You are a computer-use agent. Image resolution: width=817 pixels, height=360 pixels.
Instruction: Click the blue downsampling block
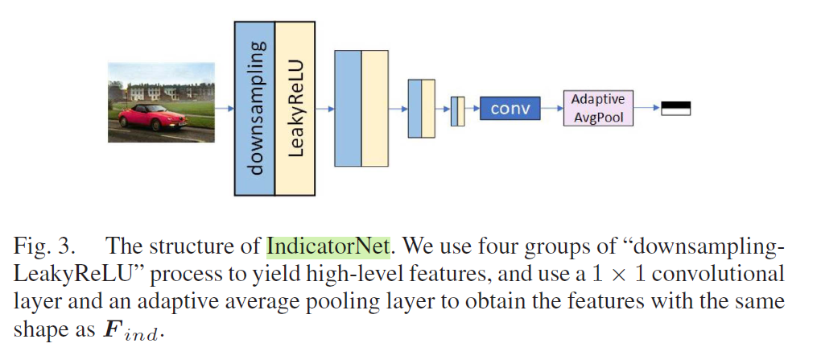click(254, 108)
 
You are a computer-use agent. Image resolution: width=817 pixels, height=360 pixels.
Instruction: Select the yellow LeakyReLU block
click(295, 108)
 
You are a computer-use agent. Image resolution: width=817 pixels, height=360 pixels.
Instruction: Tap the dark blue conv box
click(510, 108)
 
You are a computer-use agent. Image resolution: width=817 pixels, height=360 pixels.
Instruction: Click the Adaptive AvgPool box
click(598, 108)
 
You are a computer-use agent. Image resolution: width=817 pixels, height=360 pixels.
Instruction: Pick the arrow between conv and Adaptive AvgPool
click(551, 108)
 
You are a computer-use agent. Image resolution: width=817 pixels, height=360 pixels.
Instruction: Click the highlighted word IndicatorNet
click(328, 245)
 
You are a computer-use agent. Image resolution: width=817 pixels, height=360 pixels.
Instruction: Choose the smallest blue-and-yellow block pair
click(458, 109)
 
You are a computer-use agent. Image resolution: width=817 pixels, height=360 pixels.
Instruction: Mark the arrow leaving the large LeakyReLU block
click(324, 108)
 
